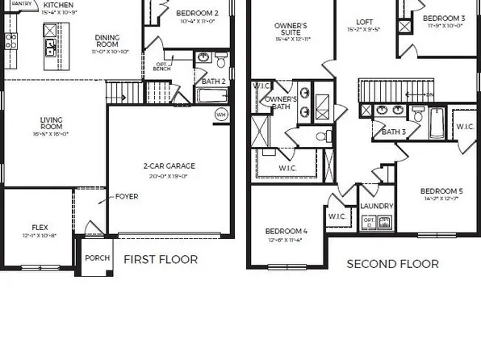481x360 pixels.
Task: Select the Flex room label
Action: (x=40, y=228)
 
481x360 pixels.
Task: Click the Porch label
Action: (x=95, y=259)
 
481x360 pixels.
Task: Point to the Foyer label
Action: (x=127, y=196)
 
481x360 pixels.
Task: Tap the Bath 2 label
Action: (x=213, y=82)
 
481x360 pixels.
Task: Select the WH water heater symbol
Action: (x=221, y=115)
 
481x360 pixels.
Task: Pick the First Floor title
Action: (x=160, y=260)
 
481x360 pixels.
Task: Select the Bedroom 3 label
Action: (x=444, y=19)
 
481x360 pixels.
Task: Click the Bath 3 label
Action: (x=393, y=132)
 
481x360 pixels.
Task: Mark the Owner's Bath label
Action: (x=280, y=103)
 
